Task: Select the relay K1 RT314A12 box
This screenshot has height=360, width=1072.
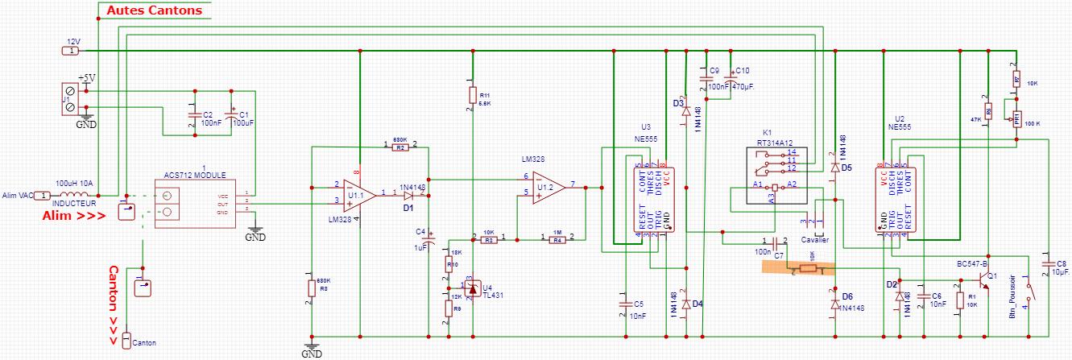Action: (777, 175)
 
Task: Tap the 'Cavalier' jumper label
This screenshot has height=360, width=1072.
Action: (814, 238)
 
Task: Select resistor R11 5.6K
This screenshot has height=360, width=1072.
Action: (472, 96)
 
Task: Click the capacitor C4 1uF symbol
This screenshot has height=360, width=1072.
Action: (428, 238)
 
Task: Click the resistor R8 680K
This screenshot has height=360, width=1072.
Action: (311, 288)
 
